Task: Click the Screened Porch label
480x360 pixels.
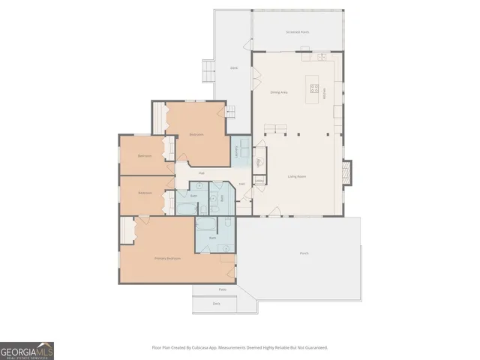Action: (298, 33)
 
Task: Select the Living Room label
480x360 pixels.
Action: (298, 176)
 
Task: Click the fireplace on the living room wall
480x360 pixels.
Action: (345, 172)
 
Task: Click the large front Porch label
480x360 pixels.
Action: (304, 253)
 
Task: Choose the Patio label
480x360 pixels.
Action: (222, 289)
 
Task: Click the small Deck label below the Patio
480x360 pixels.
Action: (216, 304)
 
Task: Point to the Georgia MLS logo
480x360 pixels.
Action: (27, 351)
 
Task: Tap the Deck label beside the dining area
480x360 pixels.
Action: (234, 67)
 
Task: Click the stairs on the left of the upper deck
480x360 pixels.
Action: (205, 70)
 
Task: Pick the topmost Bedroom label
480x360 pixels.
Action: (196, 134)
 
